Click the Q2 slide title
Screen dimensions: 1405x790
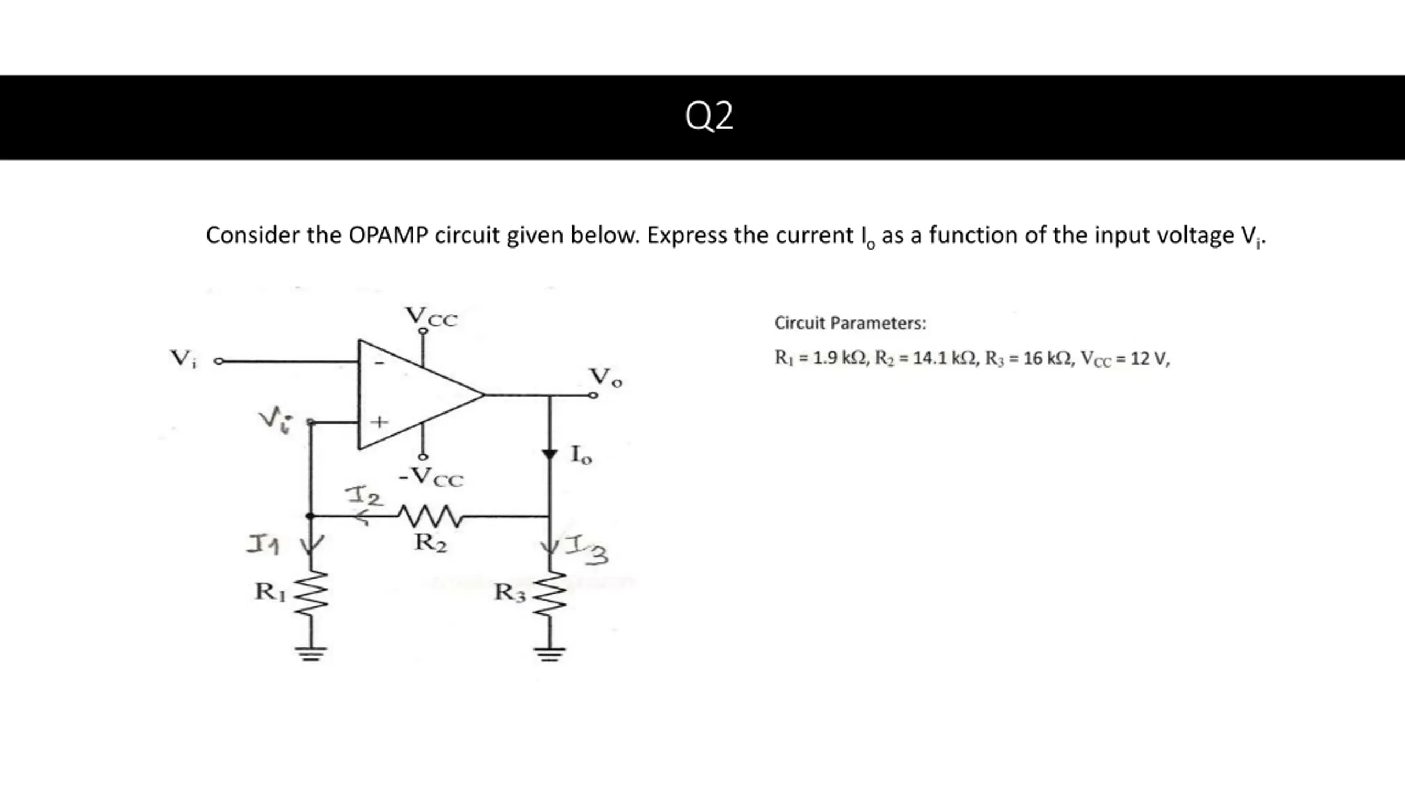(x=709, y=116)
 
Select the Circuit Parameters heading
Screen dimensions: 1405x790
(x=850, y=323)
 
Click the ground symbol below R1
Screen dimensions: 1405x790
(x=311, y=653)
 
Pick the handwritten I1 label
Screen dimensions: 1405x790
(x=263, y=545)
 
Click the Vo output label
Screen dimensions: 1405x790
(x=606, y=377)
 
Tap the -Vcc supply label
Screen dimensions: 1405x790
(x=431, y=477)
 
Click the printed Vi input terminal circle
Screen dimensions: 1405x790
(x=219, y=362)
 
